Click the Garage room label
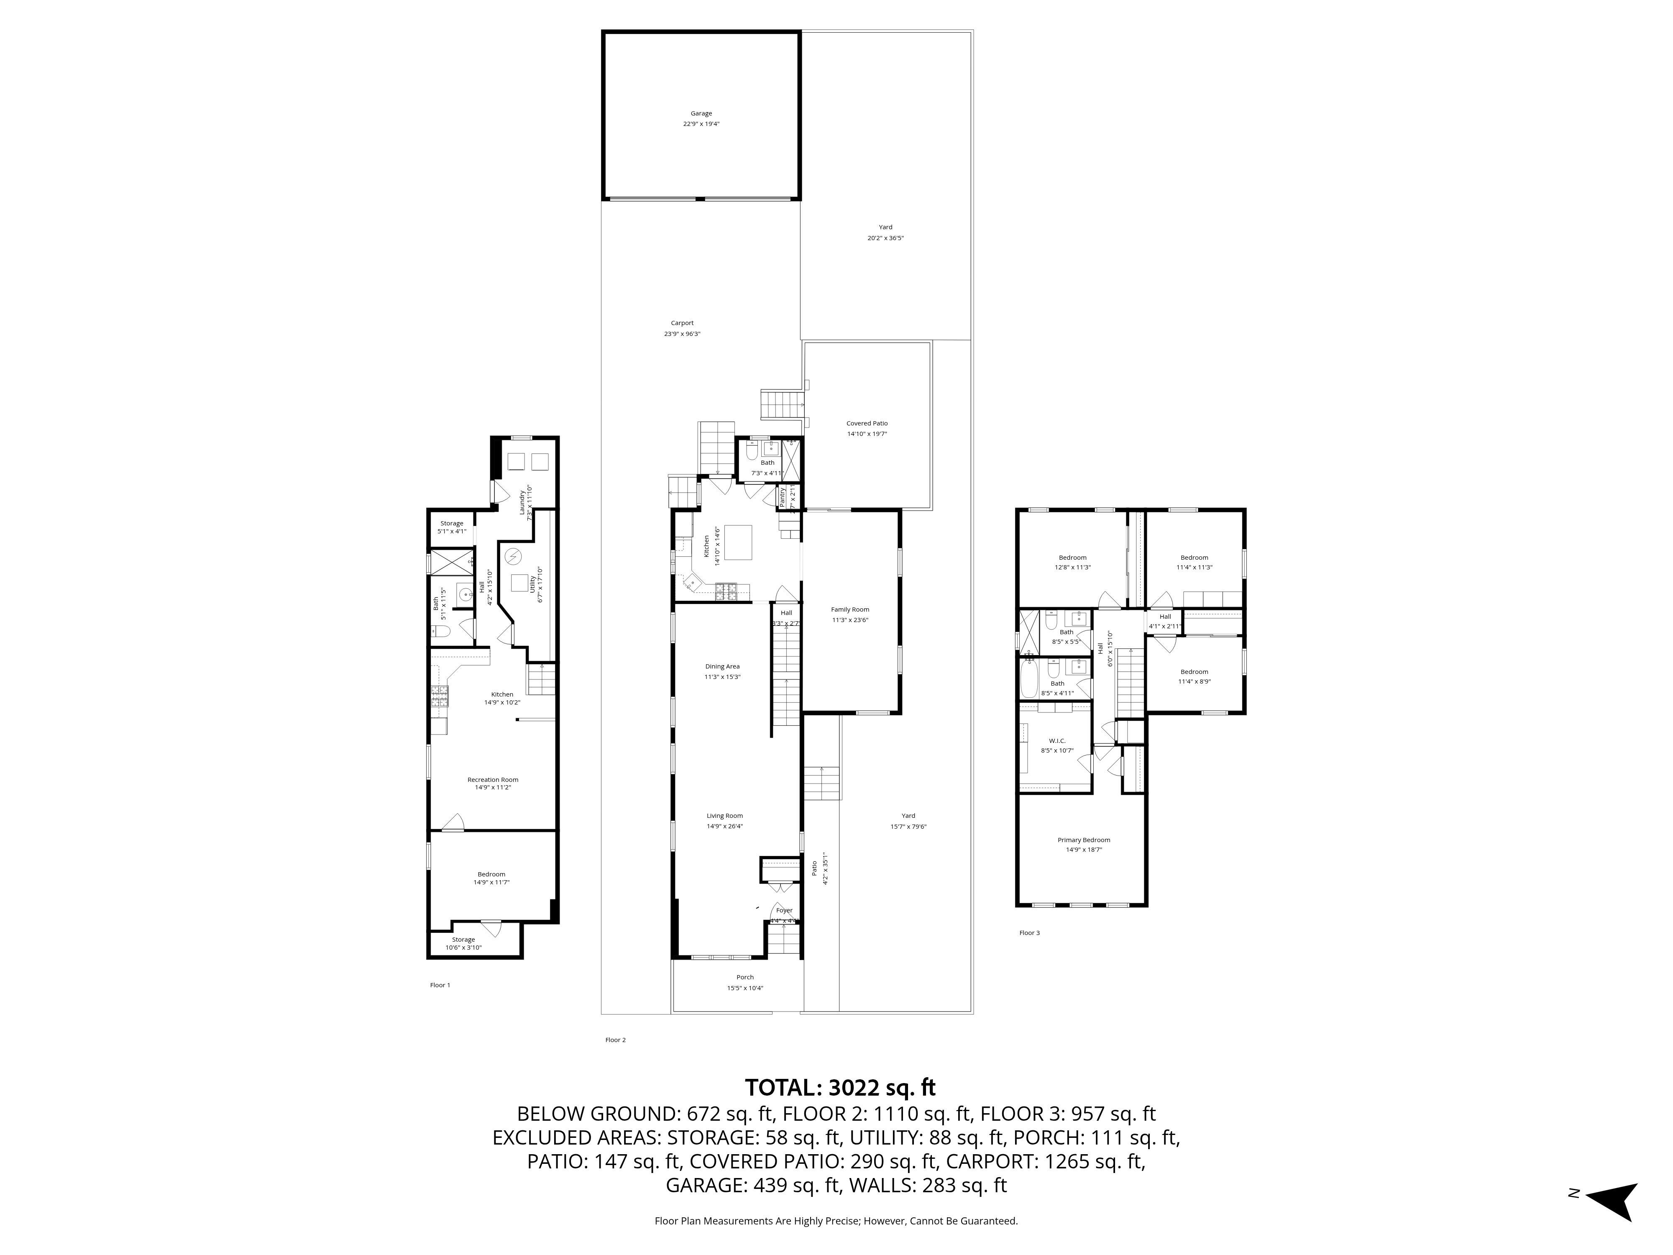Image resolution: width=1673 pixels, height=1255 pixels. tap(701, 113)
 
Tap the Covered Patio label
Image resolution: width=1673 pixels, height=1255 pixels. tap(867, 424)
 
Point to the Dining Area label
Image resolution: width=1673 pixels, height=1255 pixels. tap(722, 666)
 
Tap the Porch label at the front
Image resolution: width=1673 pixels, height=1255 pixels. tap(745, 977)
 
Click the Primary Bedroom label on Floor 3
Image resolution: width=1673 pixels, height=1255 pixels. tap(1084, 840)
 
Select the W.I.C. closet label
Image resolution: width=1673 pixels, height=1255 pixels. tap(1056, 740)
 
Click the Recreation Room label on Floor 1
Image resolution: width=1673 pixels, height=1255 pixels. tap(492, 779)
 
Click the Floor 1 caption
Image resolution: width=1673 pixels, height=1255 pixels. tap(440, 985)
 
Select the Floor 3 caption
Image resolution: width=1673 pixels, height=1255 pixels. tap(1029, 933)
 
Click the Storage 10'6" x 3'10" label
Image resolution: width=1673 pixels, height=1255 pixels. tap(463, 943)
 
